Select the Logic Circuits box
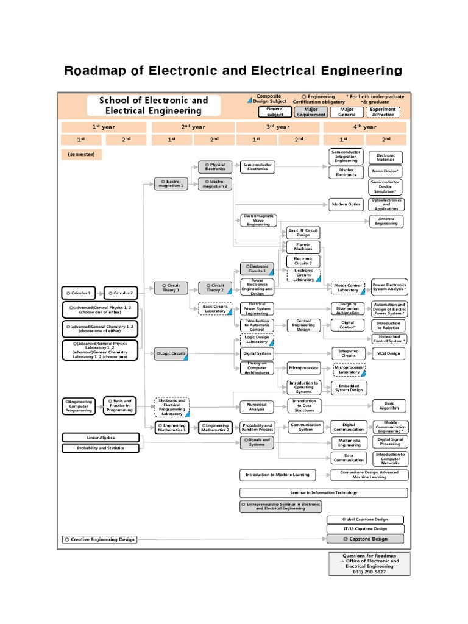click(x=172, y=353)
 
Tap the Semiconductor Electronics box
click(x=257, y=166)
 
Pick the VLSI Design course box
click(x=389, y=353)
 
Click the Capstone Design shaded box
click(x=365, y=539)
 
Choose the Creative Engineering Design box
click(x=99, y=539)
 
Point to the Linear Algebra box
click(x=100, y=438)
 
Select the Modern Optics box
click(x=346, y=204)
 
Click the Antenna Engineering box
click(x=386, y=221)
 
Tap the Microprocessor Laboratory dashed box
click(x=349, y=369)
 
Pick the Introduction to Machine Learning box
click(x=277, y=475)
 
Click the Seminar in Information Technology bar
click(x=323, y=492)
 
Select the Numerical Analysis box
click(x=257, y=406)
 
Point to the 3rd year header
click(x=278, y=127)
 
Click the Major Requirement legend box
click(x=311, y=112)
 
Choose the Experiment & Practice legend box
click(x=383, y=112)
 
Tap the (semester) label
click(x=81, y=155)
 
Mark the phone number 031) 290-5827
click(x=369, y=572)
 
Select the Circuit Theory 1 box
click(x=172, y=288)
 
